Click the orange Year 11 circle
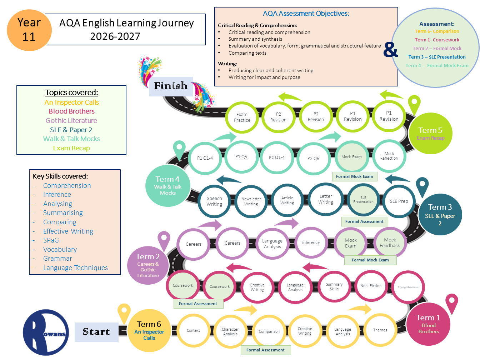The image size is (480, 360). [x=29, y=30]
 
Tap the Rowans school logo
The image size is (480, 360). [x=45, y=332]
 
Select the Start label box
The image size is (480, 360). [x=96, y=332]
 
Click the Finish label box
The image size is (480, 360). [x=171, y=86]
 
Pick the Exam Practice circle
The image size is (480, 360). [x=242, y=117]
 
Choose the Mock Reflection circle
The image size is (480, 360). [x=389, y=156]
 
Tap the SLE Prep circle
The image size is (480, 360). [x=399, y=201]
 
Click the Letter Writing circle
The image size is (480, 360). [x=326, y=199]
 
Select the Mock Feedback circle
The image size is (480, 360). [x=390, y=242]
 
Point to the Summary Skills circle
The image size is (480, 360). [x=334, y=286]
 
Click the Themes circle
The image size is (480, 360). [x=380, y=330]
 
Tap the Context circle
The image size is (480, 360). [x=193, y=330]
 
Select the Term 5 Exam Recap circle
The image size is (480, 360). [x=430, y=133]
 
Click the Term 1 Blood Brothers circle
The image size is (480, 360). [x=428, y=324]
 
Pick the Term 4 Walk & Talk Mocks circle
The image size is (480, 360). [x=168, y=186]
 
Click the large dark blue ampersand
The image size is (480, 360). [x=391, y=50]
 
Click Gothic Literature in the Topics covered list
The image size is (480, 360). [x=71, y=120]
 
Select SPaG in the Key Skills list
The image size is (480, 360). [x=51, y=240]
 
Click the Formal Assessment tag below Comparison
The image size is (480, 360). [x=265, y=350]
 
